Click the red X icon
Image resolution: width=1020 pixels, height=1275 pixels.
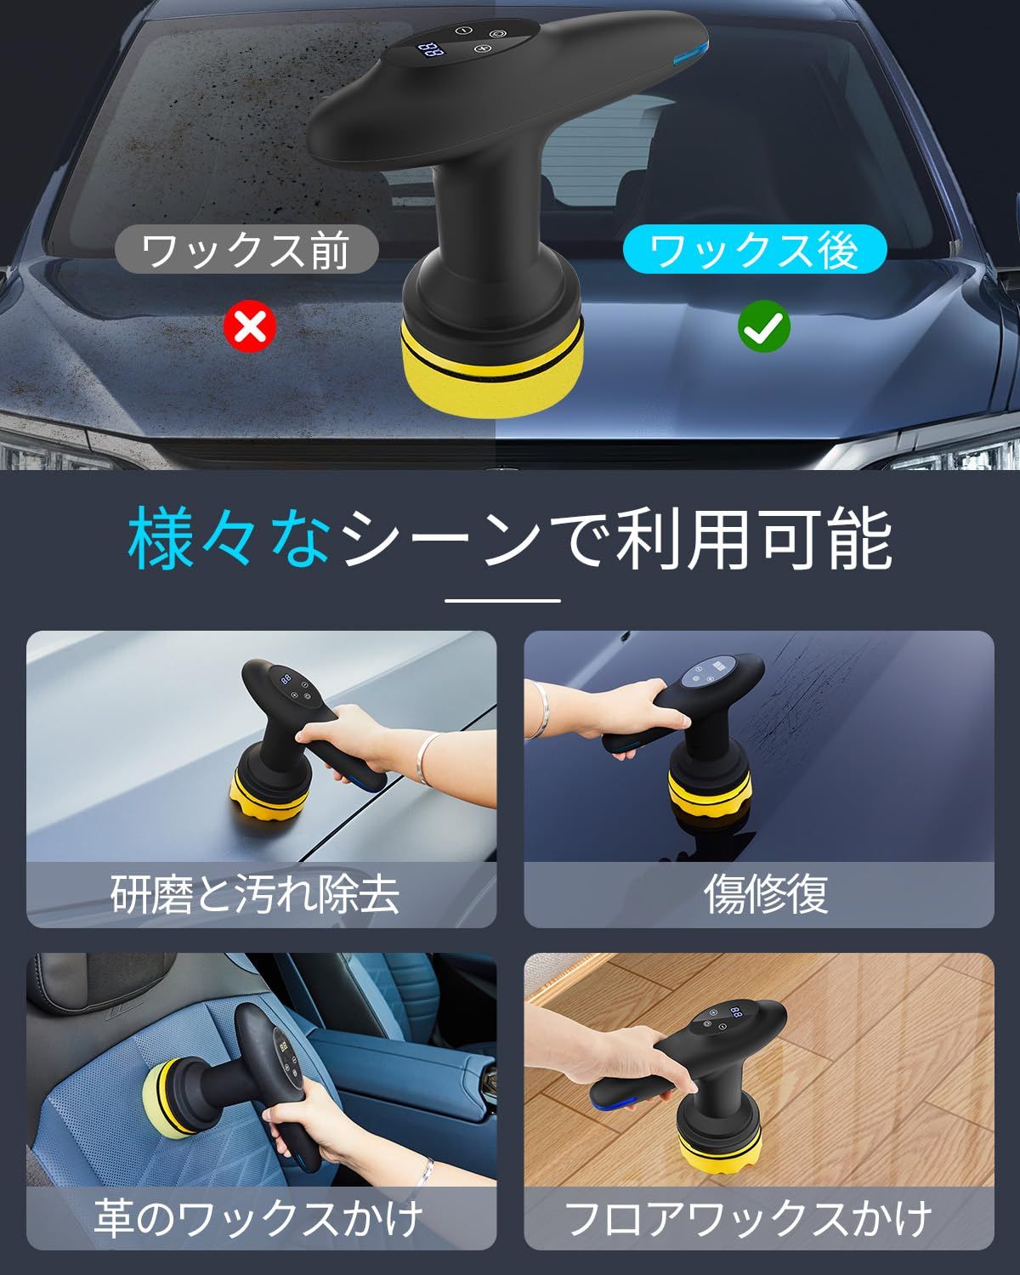click(x=249, y=326)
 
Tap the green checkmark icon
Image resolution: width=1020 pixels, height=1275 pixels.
click(x=763, y=326)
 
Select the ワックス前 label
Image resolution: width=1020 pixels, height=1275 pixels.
click(x=246, y=250)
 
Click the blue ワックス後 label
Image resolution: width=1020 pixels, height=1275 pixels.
click(x=754, y=249)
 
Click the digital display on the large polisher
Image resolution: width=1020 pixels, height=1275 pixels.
click(x=432, y=50)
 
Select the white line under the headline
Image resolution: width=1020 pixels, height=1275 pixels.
click(x=502, y=600)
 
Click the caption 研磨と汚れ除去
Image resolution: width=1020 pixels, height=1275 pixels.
click(x=255, y=894)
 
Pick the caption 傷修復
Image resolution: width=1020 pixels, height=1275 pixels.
click(x=765, y=894)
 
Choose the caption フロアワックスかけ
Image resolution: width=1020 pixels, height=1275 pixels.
click(x=748, y=1218)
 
